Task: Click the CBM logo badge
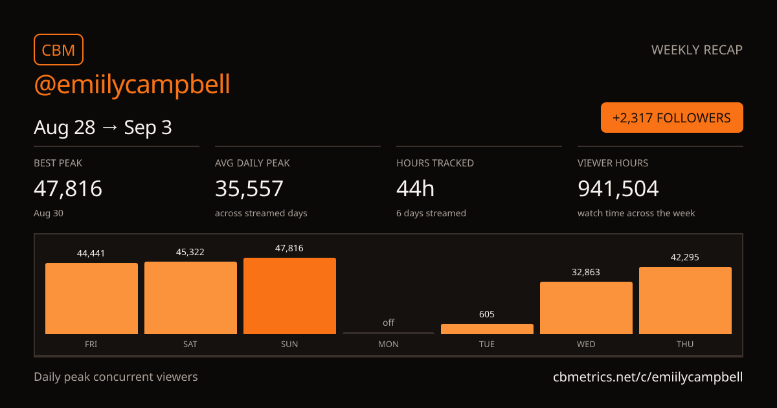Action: [59, 50]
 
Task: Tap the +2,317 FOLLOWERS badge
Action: [672, 118]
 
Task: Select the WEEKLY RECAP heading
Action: [697, 50]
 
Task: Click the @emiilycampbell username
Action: [132, 84]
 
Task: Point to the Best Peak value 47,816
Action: [68, 188]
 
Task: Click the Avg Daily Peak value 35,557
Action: [249, 188]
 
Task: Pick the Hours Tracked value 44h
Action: [415, 188]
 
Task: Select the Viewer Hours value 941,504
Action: [618, 188]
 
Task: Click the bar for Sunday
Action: [289, 296]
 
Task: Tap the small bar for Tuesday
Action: [487, 329]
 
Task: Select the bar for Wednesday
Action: [586, 308]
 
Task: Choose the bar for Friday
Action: [91, 299]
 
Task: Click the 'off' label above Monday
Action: [388, 323]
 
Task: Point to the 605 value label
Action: [487, 314]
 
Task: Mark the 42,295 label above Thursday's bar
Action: [685, 257]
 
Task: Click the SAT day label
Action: [190, 344]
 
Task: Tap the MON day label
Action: [388, 344]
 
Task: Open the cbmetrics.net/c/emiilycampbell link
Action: [648, 377]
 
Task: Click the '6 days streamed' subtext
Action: [431, 213]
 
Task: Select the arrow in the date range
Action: [109, 128]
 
